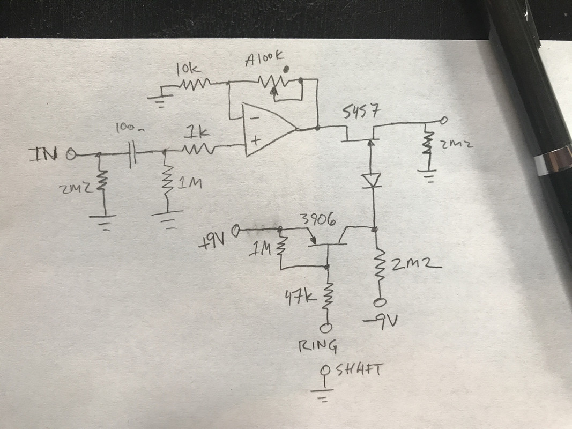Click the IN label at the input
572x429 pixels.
[49, 155]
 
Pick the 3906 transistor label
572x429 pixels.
[317, 219]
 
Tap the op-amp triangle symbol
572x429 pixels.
[268, 130]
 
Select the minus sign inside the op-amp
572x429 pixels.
[255, 116]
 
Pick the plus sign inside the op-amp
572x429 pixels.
[255, 142]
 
